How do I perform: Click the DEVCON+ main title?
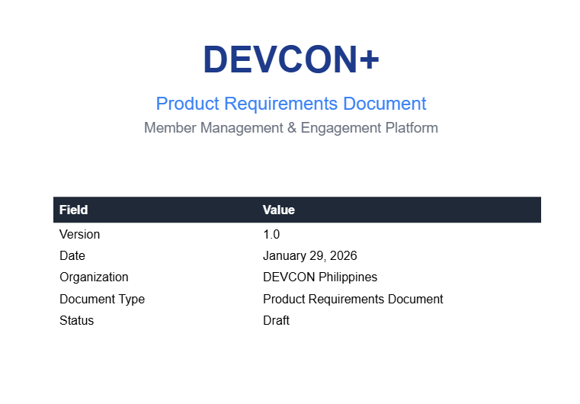(x=291, y=59)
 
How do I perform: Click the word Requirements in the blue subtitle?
(x=280, y=104)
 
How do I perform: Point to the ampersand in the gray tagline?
(x=292, y=127)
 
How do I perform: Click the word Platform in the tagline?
(x=412, y=127)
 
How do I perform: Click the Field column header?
(x=74, y=210)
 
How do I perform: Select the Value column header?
(x=278, y=210)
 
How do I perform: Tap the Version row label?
(x=79, y=234)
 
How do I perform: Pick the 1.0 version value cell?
(x=271, y=234)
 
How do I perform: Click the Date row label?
(x=72, y=255)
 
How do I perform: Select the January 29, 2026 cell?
(x=310, y=255)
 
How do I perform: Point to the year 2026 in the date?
(x=343, y=255)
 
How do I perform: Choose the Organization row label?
(x=94, y=277)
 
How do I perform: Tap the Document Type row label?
(x=102, y=299)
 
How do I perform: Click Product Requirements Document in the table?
(x=353, y=299)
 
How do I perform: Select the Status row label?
(x=76, y=320)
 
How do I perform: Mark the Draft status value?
(x=276, y=320)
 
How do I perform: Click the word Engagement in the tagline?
(x=341, y=127)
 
